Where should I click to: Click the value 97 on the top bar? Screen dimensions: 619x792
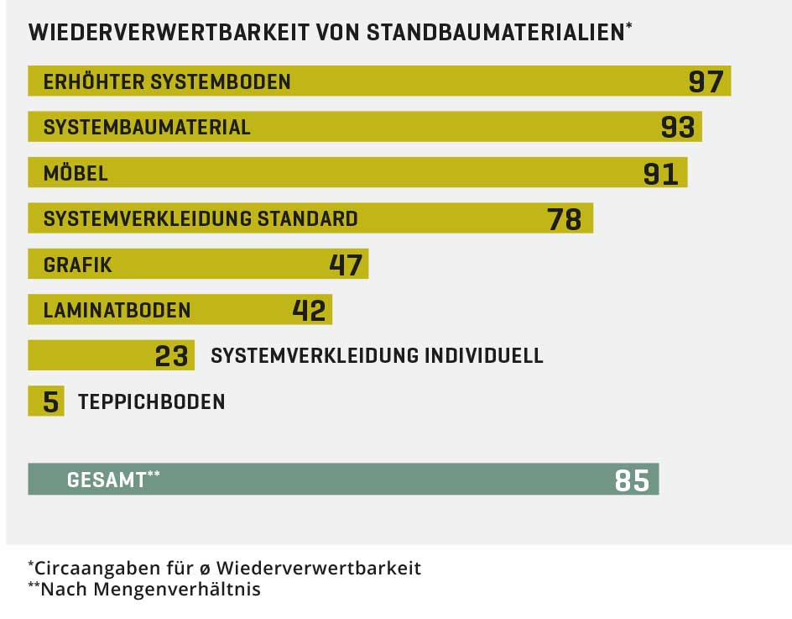click(705, 81)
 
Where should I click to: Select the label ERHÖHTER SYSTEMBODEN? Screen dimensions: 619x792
click(167, 81)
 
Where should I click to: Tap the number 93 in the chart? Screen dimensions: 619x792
click(677, 127)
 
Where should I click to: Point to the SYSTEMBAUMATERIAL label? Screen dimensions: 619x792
click(147, 127)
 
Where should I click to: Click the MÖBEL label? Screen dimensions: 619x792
click(76, 173)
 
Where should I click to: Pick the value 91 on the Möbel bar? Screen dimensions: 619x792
click(660, 173)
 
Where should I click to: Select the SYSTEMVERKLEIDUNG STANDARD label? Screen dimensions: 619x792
click(201, 218)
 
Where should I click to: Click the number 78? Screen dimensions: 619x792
click(564, 219)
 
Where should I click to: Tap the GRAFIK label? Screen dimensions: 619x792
click(77, 265)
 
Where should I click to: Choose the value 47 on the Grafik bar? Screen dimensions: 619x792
click(345, 265)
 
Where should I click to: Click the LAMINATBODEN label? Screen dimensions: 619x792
click(117, 310)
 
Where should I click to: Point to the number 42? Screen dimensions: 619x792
click(308, 310)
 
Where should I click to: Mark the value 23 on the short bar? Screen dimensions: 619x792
click(171, 356)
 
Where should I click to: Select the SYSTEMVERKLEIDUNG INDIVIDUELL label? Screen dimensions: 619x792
click(377, 355)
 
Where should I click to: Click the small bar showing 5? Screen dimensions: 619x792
click(47, 401)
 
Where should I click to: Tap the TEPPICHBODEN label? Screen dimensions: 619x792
click(151, 401)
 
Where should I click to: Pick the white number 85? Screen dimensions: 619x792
click(631, 480)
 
